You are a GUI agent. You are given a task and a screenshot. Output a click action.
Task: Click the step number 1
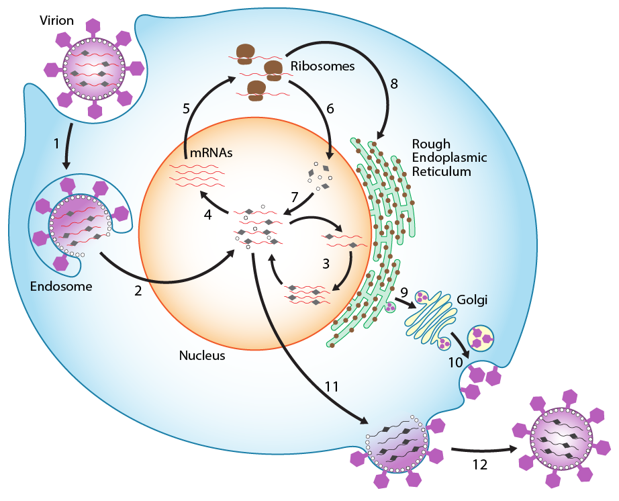tap(56, 142)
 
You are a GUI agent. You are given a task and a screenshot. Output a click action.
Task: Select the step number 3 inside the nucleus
tap(326, 264)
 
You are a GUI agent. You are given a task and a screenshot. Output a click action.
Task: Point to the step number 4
tap(208, 216)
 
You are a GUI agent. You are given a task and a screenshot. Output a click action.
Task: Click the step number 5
tap(187, 108)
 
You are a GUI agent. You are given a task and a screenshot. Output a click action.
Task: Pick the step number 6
tap(330, 108)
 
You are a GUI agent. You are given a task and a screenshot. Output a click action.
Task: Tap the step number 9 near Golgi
tap(404, 292)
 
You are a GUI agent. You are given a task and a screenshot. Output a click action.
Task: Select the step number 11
tap(331, 386)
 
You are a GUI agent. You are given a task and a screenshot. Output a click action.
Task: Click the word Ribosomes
tap(322, 66)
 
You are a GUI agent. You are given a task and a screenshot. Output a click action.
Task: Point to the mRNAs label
tap(211, 152)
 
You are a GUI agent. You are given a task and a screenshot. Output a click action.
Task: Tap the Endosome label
tap(61, 286)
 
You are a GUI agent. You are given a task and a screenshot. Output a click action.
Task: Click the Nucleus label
tap(202, 355)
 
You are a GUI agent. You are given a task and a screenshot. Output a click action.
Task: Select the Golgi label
tap(471, 300)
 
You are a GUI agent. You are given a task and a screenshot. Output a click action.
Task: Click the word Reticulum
tap(441, 171)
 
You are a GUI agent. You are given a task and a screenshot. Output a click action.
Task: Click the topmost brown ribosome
tap(246, 51)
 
